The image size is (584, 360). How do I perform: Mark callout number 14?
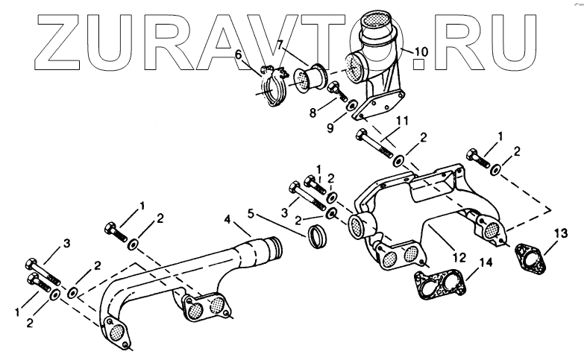click(x=486, y=262)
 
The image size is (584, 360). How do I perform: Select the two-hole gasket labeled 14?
click(x=442, y=285)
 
